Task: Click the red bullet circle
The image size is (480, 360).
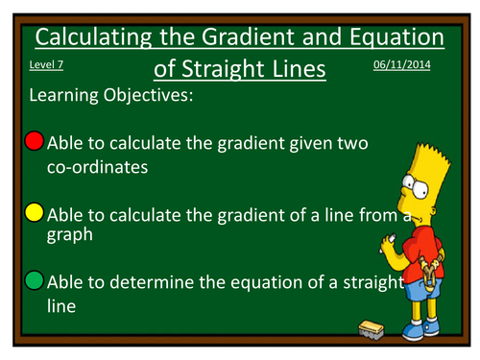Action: (34, 142)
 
